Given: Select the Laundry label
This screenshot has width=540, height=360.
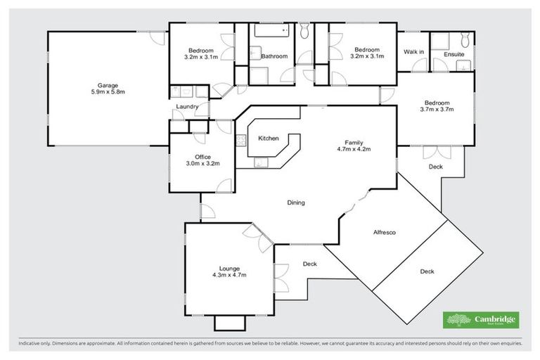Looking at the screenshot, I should (186, 107).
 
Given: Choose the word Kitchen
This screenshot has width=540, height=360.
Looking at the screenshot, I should (269, 139).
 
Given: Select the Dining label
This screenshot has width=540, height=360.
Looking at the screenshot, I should (296, 203).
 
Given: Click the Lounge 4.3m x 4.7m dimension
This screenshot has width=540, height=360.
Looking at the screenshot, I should (229, 276).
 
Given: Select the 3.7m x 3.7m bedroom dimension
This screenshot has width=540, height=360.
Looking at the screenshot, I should (437, 109).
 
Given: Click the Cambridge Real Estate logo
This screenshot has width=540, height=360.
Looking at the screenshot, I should (481, 320).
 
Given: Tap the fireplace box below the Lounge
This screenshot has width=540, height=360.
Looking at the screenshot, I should (229, 323).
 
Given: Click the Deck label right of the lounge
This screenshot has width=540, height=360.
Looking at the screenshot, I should (310, 264).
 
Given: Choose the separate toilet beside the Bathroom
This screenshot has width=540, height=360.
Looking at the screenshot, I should (304, 31).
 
